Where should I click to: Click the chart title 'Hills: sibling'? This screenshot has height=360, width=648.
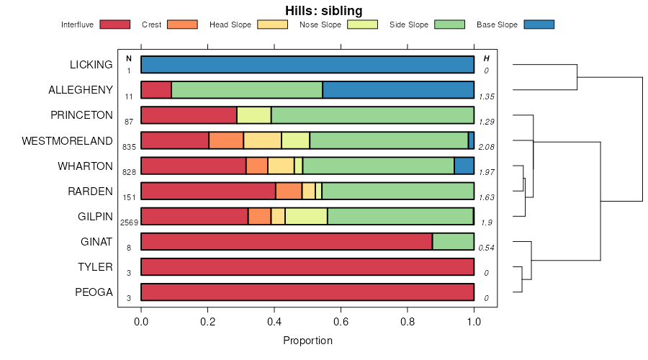pos(323,11)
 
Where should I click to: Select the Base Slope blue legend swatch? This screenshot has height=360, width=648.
pos(539,24)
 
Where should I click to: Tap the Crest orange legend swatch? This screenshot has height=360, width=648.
pos(182,24)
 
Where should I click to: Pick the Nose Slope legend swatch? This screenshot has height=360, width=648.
pos(363,24)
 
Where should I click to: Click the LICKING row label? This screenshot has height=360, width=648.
pos(91,65)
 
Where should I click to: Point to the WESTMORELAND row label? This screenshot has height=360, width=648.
pos(68,140)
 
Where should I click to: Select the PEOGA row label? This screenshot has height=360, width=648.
pos(94,292)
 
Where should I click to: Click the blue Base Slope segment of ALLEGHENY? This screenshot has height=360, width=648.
pos(398,90)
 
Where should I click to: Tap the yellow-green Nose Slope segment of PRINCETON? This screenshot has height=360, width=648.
pos(253,115)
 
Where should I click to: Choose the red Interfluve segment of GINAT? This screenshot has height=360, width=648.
pos(287,241)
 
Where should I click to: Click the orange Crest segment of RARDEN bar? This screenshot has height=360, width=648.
pos(289,191)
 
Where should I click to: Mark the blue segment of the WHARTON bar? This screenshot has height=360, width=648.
pos(464,166)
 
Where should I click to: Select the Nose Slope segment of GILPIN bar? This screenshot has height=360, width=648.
pos(306,216)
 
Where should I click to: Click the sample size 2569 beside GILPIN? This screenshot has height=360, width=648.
pos(129,222)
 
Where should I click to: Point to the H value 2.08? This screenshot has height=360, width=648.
pos(487,147)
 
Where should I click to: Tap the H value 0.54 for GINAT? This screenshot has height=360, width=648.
pos(487,248)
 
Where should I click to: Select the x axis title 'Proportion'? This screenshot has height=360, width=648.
pos(308,341)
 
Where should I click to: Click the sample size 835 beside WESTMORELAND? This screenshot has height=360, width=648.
pos(129,147)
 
